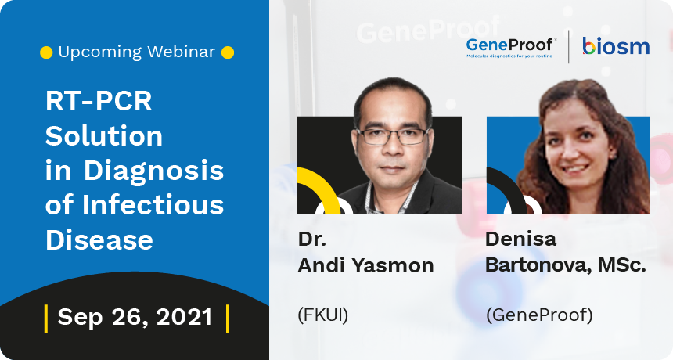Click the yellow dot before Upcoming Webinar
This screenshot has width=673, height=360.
point(46,52)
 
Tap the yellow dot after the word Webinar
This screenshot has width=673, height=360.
point(228,52)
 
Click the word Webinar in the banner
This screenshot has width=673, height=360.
point(181,52)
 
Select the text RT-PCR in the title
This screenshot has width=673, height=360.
point(99,101)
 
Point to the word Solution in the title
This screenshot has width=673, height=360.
point(104,136)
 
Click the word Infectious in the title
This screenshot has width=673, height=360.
point(153,205)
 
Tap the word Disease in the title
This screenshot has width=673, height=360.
point(99,239)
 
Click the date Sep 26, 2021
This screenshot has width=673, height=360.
point(135,318)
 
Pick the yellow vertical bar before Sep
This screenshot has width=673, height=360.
point(46,319)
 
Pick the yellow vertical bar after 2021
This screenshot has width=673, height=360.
point(228,319)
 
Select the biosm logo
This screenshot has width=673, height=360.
point(616,46)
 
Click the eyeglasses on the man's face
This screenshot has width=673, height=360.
point(393,136)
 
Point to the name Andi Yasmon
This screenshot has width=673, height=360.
point(365,265)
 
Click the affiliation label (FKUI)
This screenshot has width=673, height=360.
point(322,315)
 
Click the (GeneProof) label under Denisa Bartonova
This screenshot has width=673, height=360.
point(539,315)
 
